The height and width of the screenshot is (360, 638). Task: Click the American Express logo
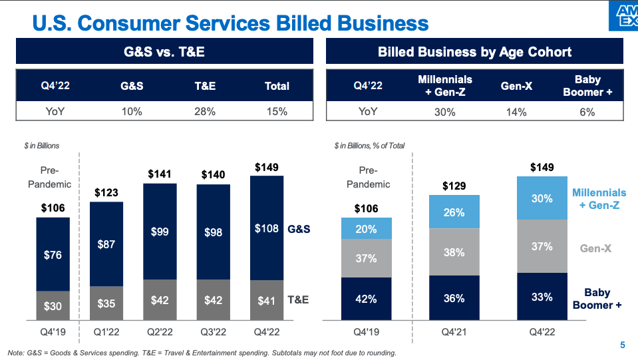coord(623,15)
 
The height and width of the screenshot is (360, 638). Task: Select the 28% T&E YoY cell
coord(205,112)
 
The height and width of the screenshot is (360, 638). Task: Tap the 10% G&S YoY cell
coord(132,112)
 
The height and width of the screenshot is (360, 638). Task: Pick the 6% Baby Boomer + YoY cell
coord(587,112)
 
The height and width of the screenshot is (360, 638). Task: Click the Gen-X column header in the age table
coord(516,86)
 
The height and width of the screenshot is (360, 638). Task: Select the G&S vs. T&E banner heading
coord(164,51)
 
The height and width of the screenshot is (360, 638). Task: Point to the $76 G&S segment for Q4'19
coord(53,254)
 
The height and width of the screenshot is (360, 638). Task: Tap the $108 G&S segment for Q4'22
coord(266,228)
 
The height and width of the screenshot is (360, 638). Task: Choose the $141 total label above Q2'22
coord(160,174)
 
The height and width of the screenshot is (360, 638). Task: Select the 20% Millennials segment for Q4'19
coord(366,229)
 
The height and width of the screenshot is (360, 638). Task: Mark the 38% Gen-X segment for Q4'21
coord(454,252)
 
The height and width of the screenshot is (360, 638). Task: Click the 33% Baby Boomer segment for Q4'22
coord(542,297)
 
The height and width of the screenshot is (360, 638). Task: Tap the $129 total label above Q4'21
coord(454,186)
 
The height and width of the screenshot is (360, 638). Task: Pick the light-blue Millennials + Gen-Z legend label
coord(599,199)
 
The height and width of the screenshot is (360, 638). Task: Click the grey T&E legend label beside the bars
coord(297,300)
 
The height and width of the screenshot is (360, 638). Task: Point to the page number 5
coord(622,345)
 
